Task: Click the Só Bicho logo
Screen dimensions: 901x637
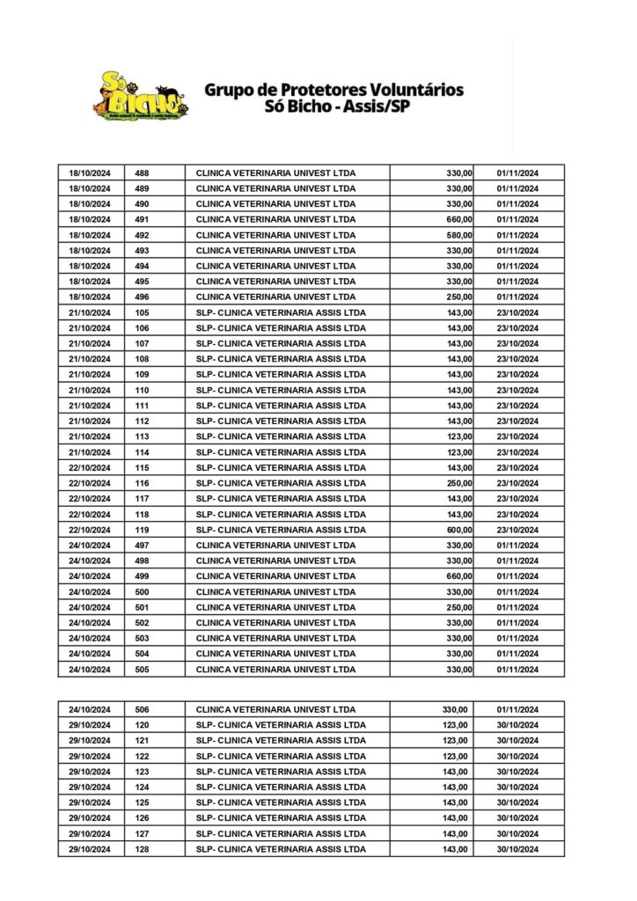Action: (x=140, y=95)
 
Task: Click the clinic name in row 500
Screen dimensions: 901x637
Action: (x=275, y=592)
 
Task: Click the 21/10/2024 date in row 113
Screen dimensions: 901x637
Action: (x=90, y=436)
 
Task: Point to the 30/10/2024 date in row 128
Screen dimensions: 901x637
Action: (x=517, y=849)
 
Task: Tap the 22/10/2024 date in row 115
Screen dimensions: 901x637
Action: (x=90, y=467)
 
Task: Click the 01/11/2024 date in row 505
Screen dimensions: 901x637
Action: (x=517, y=670)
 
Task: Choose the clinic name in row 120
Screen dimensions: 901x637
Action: (x=281, y=725)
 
